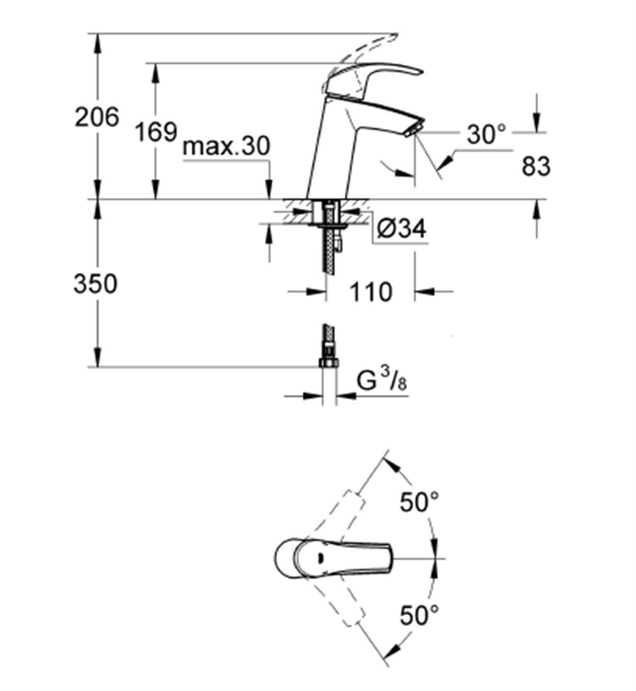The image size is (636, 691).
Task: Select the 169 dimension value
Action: [x=155, y=131]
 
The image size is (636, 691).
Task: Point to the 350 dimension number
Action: [x=95, y=284]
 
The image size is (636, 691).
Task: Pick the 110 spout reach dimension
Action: [x=370, y=292]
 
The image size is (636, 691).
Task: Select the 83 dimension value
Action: [x=536, y=167]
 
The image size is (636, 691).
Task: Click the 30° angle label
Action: [x=487, y=135]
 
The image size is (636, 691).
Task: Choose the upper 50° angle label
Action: [x=419, y=501]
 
